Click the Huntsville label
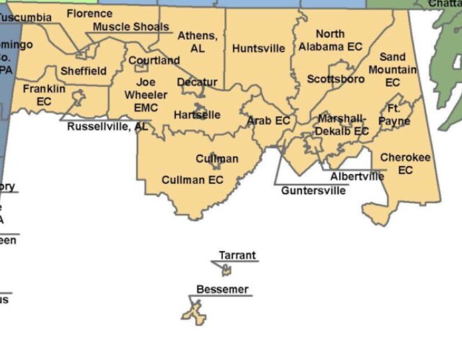[258, 48]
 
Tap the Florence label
[90, 13]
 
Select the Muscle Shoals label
[131, 27]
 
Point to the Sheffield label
[83, 71]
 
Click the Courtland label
[154, 60]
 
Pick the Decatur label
[197, 82]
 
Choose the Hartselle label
[196, 115]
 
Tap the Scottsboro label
[335, 79]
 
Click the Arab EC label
[269, 121]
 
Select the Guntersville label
[313, 191]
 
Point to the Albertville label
[357, 177]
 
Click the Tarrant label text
[237, 256]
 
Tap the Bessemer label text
[222, 290]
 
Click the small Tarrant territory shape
[226, 270]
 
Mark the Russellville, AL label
[108, 126]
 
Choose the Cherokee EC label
[405, 164]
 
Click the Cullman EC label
[193, 180]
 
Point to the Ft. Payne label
[394, 114]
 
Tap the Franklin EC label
[44, 95]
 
